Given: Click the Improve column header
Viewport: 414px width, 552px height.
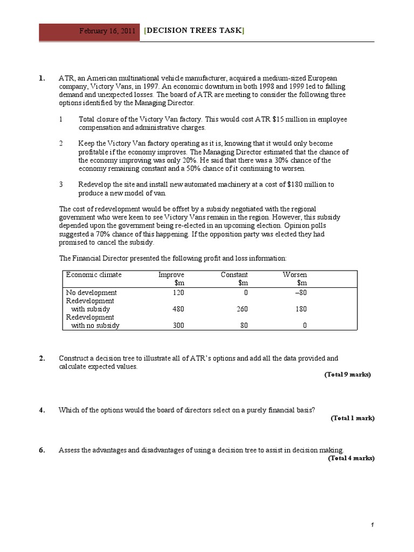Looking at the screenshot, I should (x=167, y=275).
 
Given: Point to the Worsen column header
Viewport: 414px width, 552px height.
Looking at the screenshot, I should (x=295, y=275).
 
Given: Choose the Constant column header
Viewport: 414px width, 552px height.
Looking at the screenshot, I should (x=234, y=275).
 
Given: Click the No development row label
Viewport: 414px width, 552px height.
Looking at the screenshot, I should (x=91, y=293).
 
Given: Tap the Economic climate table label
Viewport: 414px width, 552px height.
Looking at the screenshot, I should (x=94, y=275).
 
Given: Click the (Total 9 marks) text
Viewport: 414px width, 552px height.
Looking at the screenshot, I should (x=348, y=374).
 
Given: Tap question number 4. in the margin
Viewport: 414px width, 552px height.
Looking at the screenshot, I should (x=42, y=410).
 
